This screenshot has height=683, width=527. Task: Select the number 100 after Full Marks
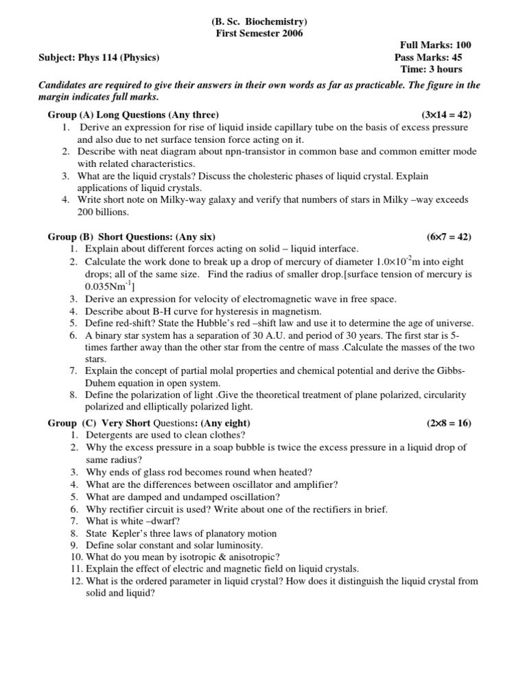coord(458,45)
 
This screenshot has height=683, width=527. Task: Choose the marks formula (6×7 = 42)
coord(448,236)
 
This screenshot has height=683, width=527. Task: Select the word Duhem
coord(102,382)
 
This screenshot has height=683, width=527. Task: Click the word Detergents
coord(112,435)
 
